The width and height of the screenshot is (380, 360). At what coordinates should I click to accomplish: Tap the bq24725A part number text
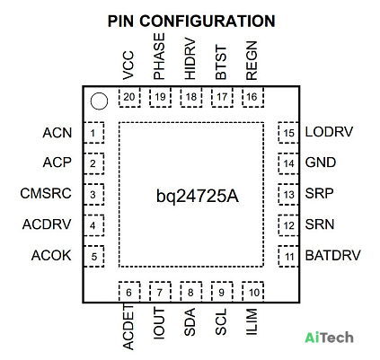(198, 197)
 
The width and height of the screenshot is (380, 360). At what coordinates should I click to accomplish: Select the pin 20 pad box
(129, 97)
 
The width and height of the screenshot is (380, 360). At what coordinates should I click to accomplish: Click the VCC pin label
(128, 66)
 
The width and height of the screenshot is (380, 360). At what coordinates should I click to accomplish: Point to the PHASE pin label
(159, 57)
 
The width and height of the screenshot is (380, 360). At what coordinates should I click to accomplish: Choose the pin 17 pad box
(222, 97)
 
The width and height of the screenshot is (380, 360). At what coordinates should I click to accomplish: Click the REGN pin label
(252, 60)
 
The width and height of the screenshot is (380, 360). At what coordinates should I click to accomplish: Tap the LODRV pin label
(329, 132)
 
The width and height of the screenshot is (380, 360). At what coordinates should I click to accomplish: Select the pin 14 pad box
(288, 163)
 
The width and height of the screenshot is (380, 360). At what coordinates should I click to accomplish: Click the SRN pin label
(320, 224)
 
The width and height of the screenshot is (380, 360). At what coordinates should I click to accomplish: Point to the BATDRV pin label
(332, 255)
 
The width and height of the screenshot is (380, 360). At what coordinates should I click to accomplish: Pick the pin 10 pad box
(252, 292)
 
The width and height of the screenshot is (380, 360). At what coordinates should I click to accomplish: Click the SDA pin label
(190, 322)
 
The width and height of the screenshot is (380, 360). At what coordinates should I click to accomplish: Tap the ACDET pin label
(128, 327)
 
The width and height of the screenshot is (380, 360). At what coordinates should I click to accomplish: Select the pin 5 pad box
(93, 256)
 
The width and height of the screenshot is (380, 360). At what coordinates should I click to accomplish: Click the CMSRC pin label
(46, 193)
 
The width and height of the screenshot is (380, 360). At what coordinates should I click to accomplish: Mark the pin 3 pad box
(93, 195)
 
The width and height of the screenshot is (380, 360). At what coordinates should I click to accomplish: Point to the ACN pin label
(57, 133)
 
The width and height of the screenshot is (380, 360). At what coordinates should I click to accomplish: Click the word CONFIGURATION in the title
(208, 22)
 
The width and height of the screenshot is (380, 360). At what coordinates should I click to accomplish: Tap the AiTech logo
(329, 338)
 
